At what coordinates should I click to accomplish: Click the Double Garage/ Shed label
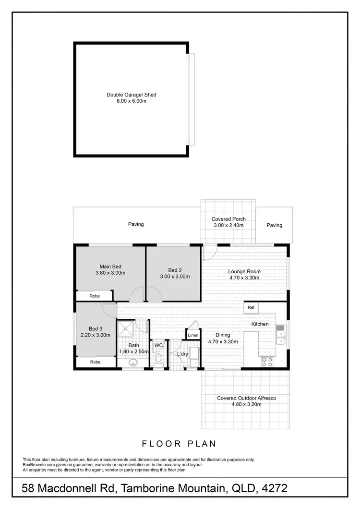pyautogui.click(x=131, y=95)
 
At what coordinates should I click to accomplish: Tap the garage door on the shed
pyautogui.click(x=191, y=99)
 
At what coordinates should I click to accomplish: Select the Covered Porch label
pyautogui.click(x=228, y=219)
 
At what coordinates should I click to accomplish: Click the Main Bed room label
pyautogui.click(x=110, y=267)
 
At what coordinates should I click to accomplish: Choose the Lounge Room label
pyautogui.click(x=244, y=271)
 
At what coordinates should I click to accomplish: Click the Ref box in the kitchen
pyautogui.click(x=251, y=307)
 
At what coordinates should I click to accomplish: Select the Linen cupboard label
pyautogui.click(x=193, y=335)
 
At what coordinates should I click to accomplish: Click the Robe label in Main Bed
pyautogui.click(x=95, y=296)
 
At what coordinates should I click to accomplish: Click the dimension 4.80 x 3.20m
pyautogui.click(x=246, y=404)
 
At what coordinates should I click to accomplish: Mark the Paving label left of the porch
pyautogui.click(x=136, y=224)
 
